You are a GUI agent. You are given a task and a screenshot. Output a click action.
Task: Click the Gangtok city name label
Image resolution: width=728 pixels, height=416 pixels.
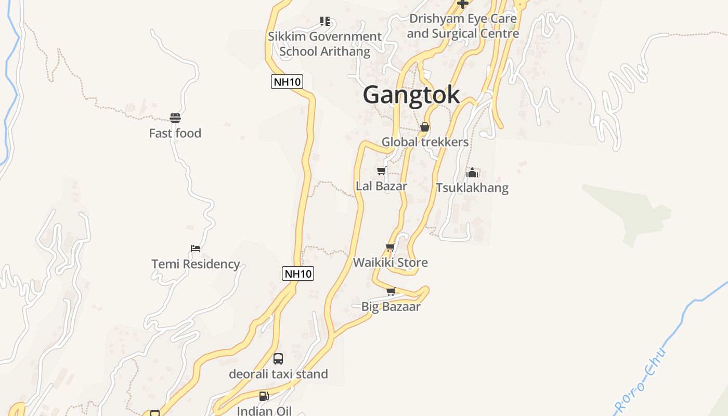[411, 95]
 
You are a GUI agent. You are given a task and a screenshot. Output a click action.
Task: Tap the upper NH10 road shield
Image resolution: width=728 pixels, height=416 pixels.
[287, 82]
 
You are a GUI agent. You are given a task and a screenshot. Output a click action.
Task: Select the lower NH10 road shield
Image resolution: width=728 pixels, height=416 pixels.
[298, 274]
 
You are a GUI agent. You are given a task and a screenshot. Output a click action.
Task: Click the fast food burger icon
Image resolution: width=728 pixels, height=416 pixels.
[175, 118]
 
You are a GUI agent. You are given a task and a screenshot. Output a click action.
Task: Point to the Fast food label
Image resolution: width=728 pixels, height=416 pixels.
[175, 134]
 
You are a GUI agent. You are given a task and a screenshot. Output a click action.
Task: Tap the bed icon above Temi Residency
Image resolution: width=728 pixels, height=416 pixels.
[196, 249]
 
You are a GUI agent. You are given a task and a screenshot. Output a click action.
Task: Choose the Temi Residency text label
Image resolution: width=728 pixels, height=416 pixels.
[196, 264]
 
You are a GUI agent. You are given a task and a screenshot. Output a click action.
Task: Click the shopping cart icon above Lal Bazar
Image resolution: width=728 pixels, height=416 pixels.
[381, 171]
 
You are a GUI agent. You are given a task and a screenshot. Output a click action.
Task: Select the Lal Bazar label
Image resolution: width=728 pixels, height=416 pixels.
[381, 186]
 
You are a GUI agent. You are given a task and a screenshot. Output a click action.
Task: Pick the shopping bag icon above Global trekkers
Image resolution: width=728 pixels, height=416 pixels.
[425, 127]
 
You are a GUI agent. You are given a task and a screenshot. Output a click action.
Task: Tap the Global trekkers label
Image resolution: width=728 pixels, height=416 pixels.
[425, 142]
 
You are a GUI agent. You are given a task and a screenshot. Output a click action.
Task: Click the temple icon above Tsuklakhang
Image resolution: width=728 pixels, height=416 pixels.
[472, 173]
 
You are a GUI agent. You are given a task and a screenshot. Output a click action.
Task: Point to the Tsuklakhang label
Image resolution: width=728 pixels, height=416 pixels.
[472, 188]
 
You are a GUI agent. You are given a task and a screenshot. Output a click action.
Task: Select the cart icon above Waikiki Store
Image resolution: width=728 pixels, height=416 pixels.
[391, 248]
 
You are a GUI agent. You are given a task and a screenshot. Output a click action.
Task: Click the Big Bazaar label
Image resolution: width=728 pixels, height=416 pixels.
[391, 307]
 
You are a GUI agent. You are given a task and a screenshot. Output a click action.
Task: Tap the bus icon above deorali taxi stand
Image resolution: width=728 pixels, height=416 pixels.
[278, 359]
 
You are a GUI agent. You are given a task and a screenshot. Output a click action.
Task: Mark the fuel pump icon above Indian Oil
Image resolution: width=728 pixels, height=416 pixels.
[264, 396]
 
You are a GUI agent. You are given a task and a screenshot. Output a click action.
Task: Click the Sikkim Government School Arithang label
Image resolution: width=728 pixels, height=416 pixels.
[325, 44]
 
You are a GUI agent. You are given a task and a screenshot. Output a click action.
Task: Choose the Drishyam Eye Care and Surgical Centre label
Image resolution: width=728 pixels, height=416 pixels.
[463, 26]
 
